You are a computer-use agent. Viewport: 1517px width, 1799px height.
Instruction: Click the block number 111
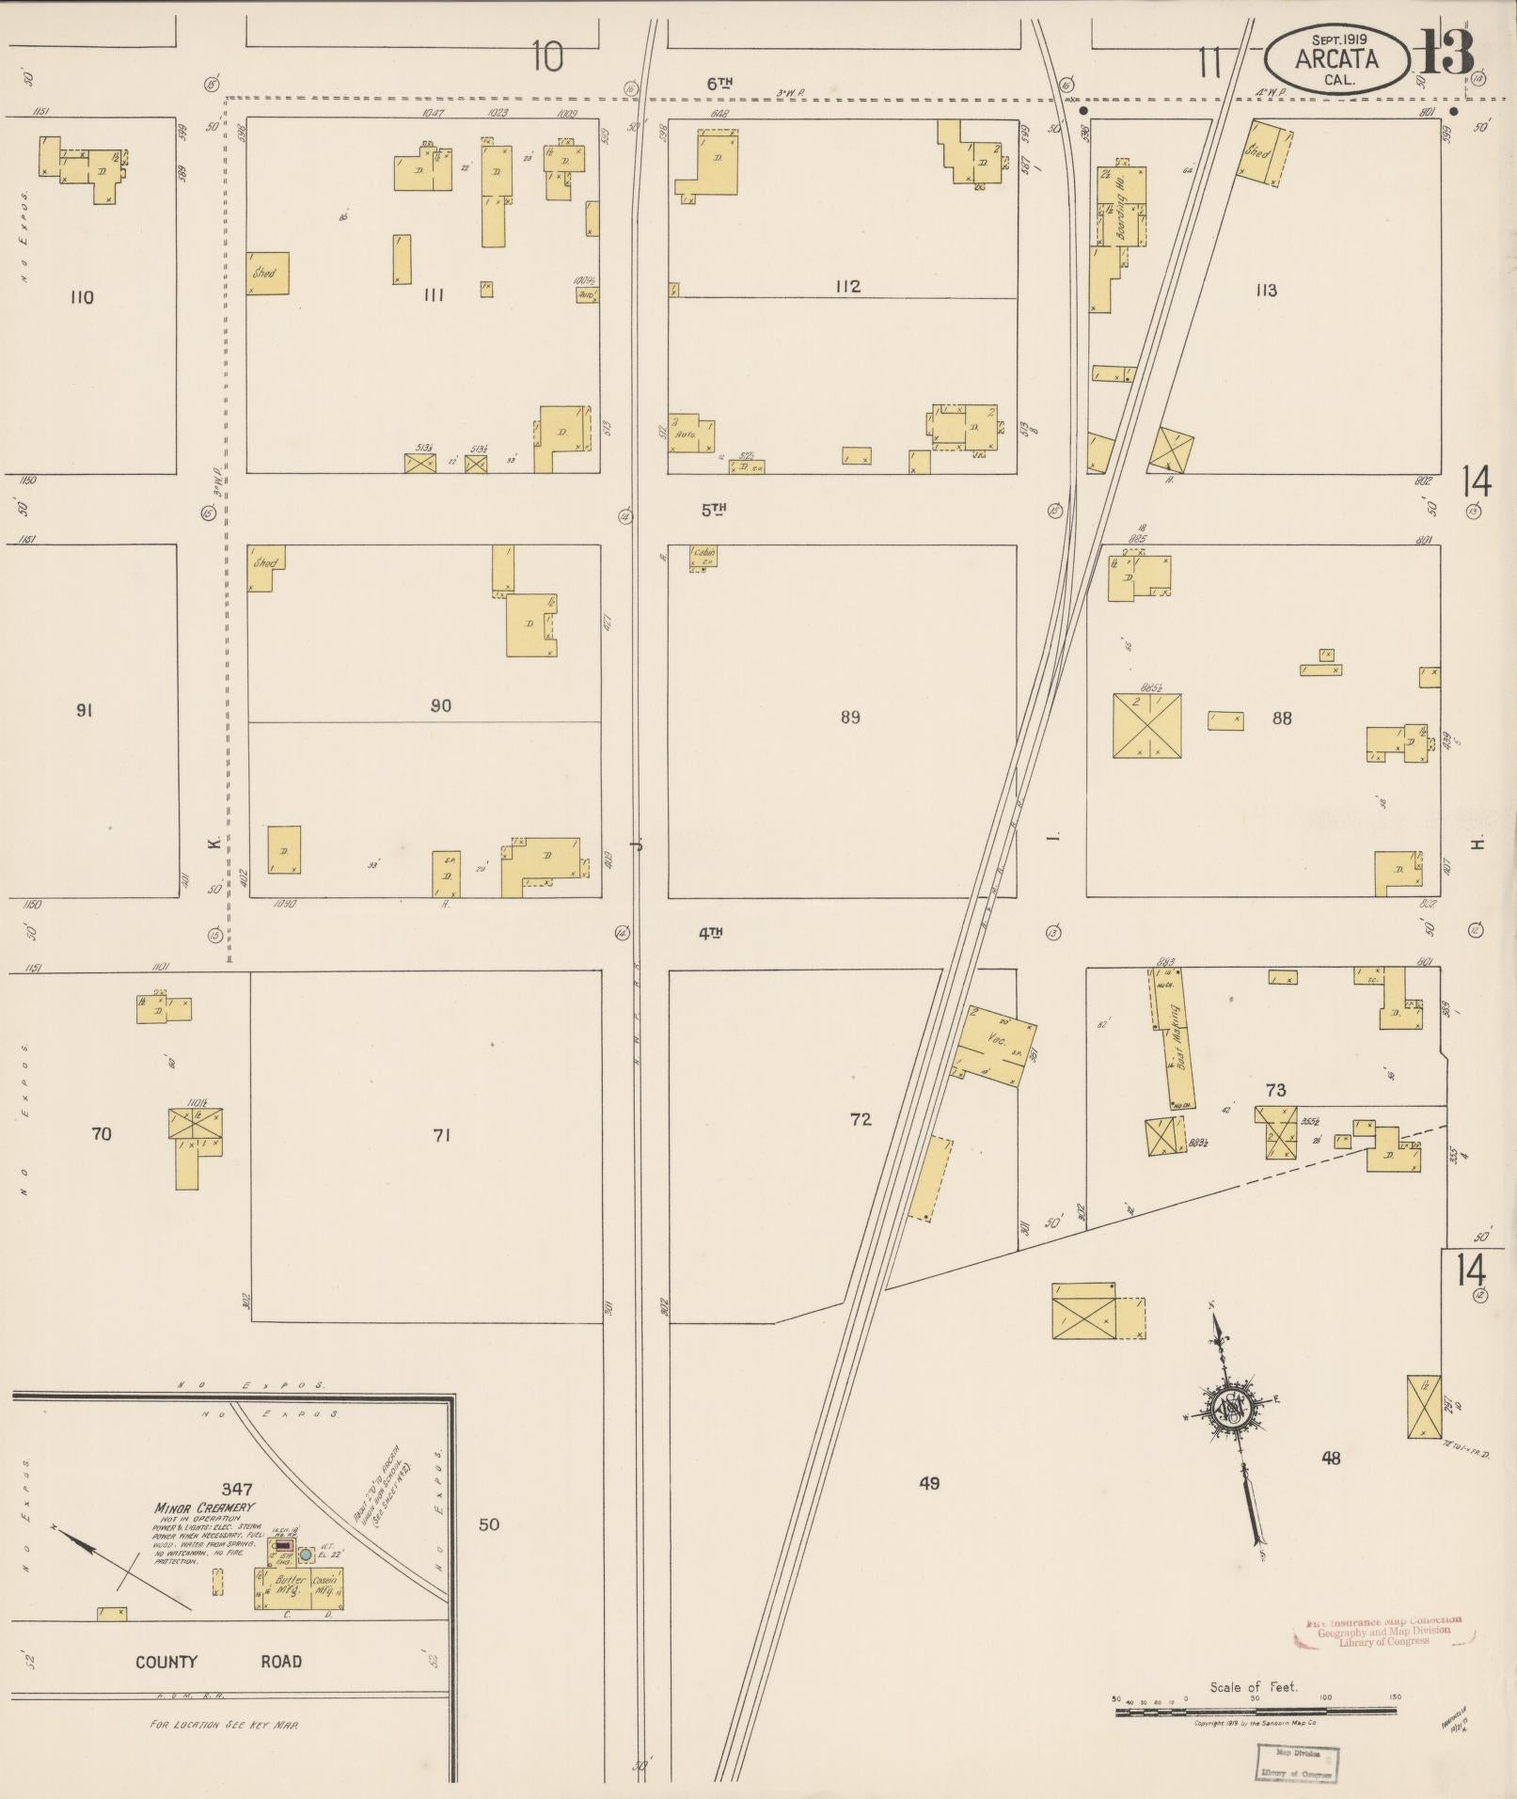pos(434,295)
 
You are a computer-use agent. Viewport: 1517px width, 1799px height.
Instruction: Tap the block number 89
pos(850,718)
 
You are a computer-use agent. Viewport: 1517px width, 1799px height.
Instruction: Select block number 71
pos(441,1135)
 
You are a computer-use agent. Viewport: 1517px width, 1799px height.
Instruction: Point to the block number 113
pos(1266,290)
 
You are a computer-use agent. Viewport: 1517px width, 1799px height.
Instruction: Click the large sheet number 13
pos(1446,54)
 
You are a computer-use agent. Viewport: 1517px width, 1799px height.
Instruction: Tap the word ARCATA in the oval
pos(1336,59)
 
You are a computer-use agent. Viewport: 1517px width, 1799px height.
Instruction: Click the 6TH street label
pos(719,84)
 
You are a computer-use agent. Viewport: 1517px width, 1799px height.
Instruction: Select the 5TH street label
pos(714,510)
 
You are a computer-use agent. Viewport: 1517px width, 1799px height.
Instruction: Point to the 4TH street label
pos(710,933)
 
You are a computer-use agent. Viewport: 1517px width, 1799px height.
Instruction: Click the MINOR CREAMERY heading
pos(191,1507)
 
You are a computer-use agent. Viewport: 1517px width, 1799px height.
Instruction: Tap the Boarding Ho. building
pos(1122,212)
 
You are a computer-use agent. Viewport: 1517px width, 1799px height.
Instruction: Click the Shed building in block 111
pos(267,273)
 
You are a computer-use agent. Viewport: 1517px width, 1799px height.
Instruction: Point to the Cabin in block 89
pos(703,555)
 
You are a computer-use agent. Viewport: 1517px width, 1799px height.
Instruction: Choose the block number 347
pos(237,1489)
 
